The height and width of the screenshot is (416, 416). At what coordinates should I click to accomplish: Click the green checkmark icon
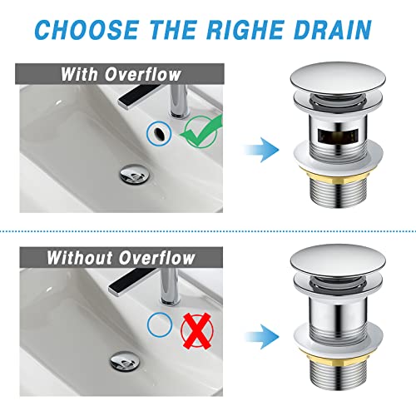(199, 131)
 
